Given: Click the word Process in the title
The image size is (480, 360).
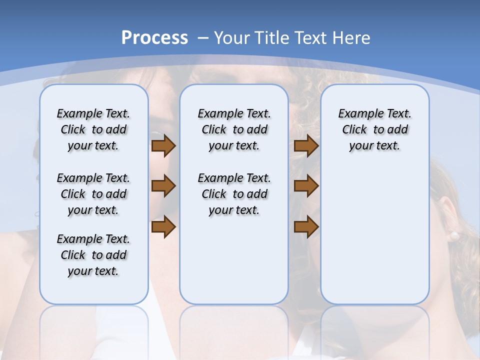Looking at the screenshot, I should [154, 38].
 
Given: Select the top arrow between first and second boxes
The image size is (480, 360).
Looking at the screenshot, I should [163, 146].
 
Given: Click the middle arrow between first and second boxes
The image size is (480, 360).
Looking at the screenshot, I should [163, 186].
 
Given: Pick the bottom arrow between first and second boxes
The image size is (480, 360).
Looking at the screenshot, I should [163, 227].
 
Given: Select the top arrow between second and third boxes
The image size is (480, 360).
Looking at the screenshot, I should [306, 146].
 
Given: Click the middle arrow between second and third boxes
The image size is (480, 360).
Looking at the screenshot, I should [306, 186].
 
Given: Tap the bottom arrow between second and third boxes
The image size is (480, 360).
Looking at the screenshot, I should [306, 227].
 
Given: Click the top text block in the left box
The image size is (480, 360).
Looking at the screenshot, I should [93, 129].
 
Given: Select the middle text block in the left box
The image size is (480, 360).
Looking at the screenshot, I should [93, 194].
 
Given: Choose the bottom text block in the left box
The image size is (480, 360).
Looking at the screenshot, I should [93, 255].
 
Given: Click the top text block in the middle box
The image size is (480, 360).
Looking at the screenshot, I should [234, 129].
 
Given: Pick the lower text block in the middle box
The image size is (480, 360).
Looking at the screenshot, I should [234, 194].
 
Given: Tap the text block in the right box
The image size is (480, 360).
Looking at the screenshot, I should [374, 129].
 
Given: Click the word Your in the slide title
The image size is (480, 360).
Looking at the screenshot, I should [231, 38].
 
